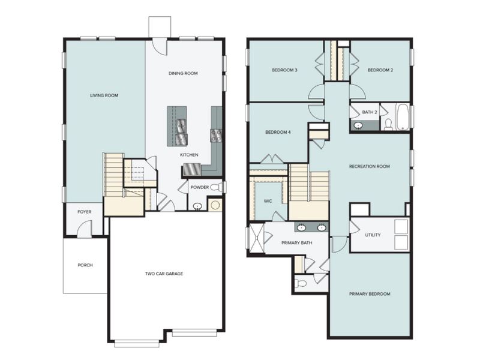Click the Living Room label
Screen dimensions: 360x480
pyautogui.click(x=104, y=95)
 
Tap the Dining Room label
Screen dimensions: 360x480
pyautogui.click(x=182, y=73)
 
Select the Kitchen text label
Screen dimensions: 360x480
pyautogui.click(x=189, y=155)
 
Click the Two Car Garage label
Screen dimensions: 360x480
pyautogui.click(x=164, y=274)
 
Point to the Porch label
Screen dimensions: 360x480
pyautogui.click(x=85, y=265)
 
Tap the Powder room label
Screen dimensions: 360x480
pyautogui.click(x=199, y=187)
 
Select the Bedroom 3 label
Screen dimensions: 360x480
pyautogui.click(x=284, y=70)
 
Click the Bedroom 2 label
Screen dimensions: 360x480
pyautogui.click(x=380, y=70)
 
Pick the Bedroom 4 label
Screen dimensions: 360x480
pyautogui.click(x=278, y=132)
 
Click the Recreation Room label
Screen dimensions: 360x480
pyautogui.click(x=370, y=166)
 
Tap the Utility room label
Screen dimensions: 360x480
pyautogui.click(x=373, y=235)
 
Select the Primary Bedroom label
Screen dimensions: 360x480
pyautogui.click(x=370, y=294)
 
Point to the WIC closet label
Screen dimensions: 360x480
pyautogui.click(x=267, y=201)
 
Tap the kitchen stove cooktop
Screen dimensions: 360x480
pyautogui.click(x=216, y=136)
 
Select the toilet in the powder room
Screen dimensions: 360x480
pyautogui.click(x=219, y=187)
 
